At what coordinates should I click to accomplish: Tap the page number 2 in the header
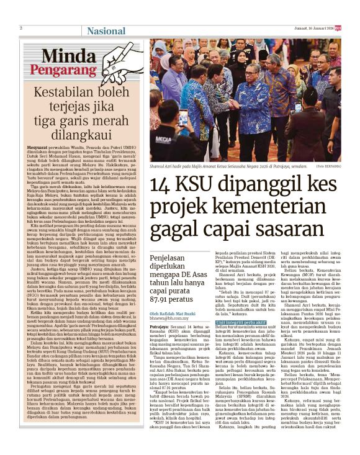click(x=21, y=28)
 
